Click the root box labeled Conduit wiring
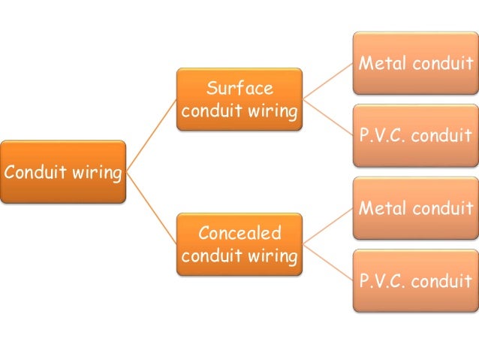point(63,172)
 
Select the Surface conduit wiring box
point(239,99)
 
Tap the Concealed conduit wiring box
point(239,244)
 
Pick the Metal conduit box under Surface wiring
point(415,63)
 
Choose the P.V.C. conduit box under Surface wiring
point(415,136)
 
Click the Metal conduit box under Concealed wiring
point(415,208)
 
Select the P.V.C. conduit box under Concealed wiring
point(415,281)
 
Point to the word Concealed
point(239,233)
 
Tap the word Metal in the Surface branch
point(381,63)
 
